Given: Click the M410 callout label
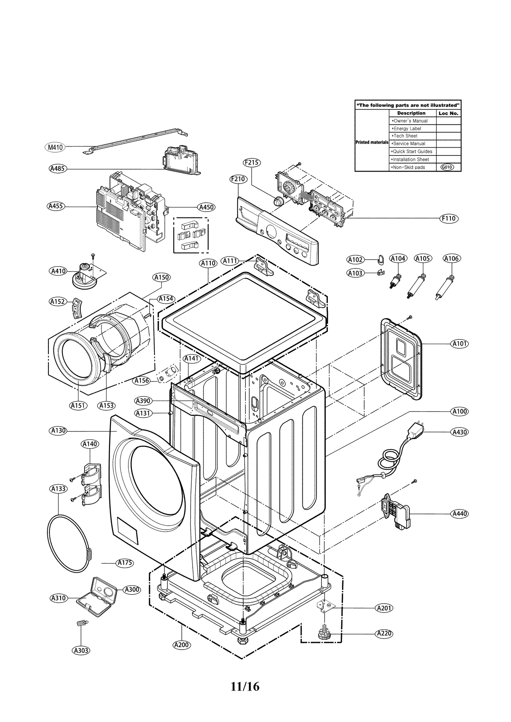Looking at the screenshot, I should point(55,147).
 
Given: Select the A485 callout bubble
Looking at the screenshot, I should point(57,168).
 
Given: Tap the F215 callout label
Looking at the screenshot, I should point(252,162).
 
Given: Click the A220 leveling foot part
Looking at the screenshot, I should point(324,634).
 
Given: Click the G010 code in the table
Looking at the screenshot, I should point(447,167).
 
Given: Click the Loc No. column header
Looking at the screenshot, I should point(448,113).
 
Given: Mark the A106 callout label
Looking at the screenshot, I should point(451,259).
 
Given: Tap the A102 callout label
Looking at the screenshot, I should point(355,260).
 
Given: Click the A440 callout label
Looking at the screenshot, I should point(460,514).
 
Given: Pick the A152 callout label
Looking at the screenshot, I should point(57,301).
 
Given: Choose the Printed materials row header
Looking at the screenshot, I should point(372,142).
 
